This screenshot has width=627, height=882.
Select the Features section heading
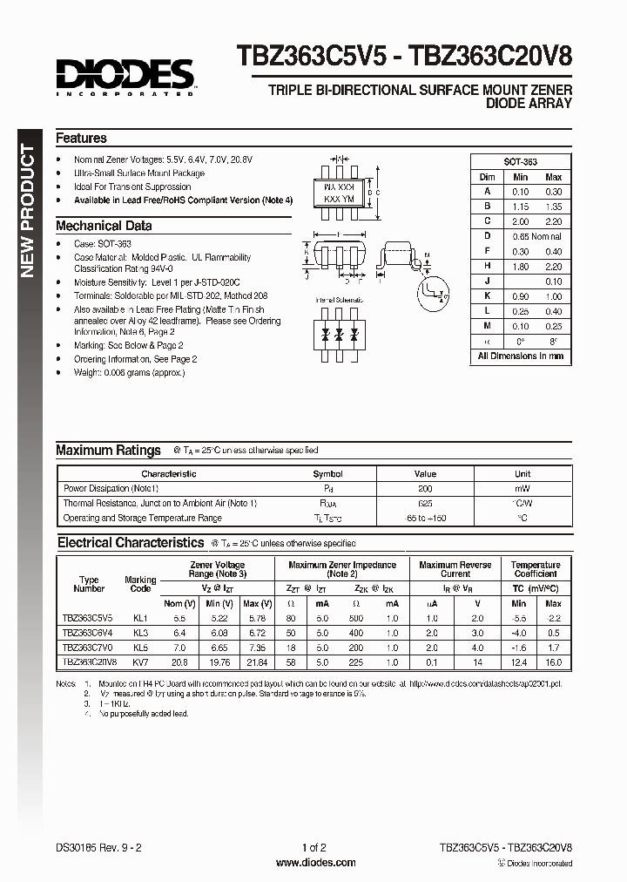coord(81,139)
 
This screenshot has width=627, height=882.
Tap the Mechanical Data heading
coord(104,226)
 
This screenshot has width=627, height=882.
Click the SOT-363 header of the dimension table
coord(521,162)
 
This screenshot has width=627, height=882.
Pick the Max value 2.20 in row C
coord(553,221)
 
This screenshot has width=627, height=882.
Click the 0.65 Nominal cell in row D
coord(536,236)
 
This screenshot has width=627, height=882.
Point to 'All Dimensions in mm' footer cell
coord(521,356)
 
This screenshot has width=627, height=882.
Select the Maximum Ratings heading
coord(108,451)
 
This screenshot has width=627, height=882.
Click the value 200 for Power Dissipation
coord(425,489)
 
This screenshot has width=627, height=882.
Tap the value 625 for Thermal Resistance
coord(425,504)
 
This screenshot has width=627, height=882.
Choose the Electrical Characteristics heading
coord(130,543)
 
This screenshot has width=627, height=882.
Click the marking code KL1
coord(140,617)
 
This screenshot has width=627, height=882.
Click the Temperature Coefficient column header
coord(536,570)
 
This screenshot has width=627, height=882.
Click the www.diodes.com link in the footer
coord(314,862)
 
